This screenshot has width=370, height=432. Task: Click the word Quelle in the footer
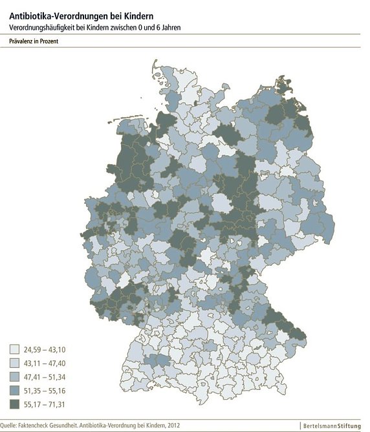(x=10, y=425)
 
